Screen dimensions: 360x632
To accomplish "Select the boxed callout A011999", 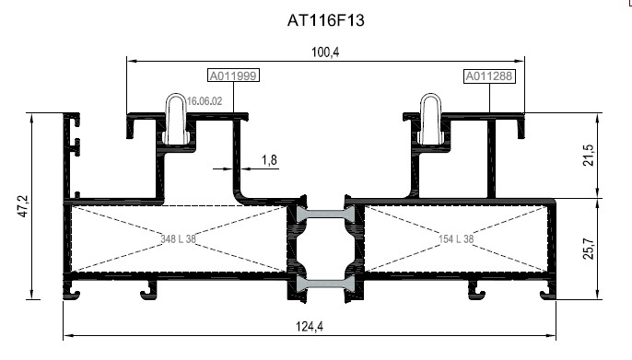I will [232, 76].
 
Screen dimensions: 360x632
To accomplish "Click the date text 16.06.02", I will [205, 102].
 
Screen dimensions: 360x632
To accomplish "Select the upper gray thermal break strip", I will [324, 214].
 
